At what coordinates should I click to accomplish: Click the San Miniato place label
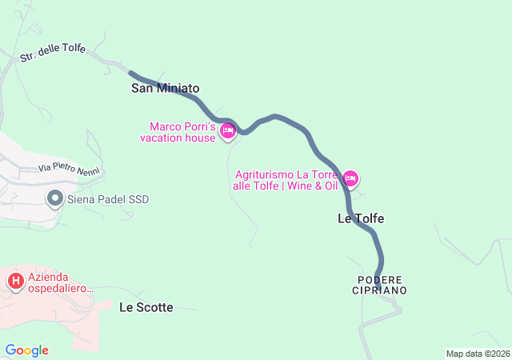coord(165,89)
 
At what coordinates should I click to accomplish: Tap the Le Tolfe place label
coord(361,218)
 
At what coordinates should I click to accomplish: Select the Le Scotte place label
coord(146,307)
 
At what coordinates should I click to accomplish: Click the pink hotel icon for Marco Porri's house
coord(227,131)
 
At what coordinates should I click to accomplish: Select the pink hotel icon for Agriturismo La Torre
coord(350,178)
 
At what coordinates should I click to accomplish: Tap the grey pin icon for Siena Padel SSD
coord(55,198)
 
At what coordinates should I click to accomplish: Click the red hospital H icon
coord(15,281)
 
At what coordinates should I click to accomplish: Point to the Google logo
coord(26,350)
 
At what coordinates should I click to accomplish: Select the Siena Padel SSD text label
coord(108,199)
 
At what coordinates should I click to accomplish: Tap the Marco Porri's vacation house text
coord(182,132)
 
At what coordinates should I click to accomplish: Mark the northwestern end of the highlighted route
coord(130,74)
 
